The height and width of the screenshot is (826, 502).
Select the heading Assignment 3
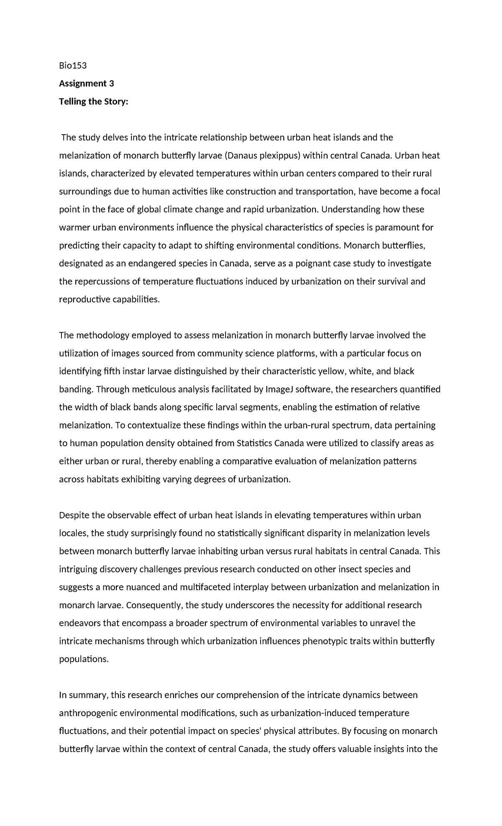[x=86, y=83]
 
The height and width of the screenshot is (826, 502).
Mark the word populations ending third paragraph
[x=84, y=659]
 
